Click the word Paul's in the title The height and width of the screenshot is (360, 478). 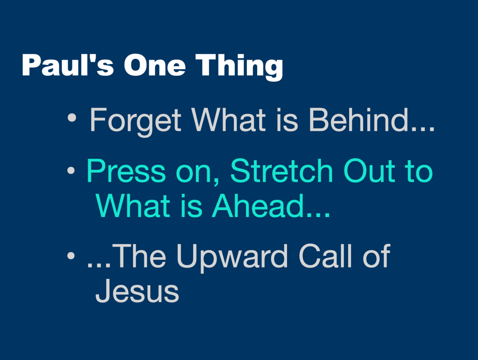coord(67,66)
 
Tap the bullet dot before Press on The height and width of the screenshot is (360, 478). coord(71,171)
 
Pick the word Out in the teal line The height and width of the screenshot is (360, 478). coord(368,171)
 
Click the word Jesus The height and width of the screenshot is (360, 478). coord(137,291)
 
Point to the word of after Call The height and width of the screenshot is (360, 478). coord(376,256)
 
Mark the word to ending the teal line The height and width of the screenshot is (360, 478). coord(417,171)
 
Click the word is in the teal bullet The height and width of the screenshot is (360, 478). coord(192,206)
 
